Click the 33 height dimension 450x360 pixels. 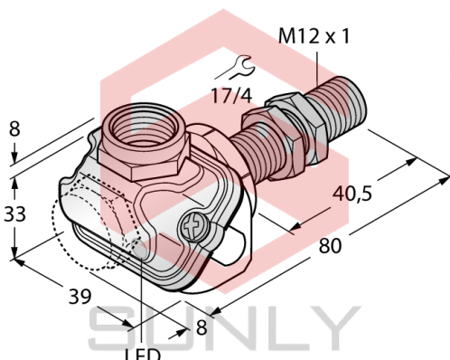click(13, 216)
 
